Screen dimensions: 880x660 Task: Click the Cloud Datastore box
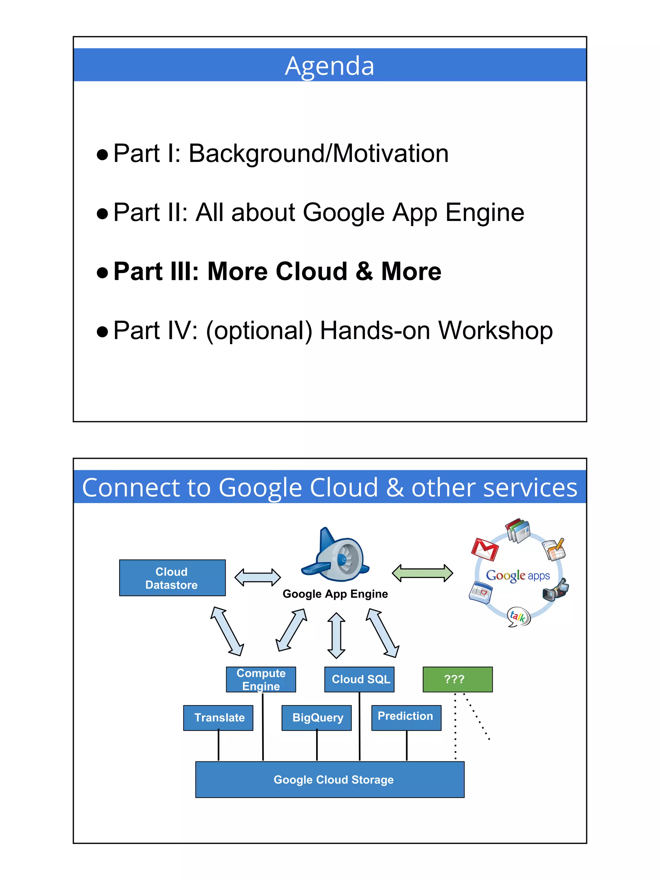tap(172, 578)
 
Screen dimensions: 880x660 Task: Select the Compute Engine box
tap(261, 679)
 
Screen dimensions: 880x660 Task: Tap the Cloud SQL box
tap(359, 679)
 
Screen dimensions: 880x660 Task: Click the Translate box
tap(218, 718)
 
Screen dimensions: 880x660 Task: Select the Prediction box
tap(406, 717)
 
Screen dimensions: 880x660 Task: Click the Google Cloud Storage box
tap(329, 779)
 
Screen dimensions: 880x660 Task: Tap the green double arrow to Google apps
tap(422, 573)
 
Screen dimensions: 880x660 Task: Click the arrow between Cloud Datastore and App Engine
tap(257, 577)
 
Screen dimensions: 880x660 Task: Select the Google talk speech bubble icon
tap(519, 617)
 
